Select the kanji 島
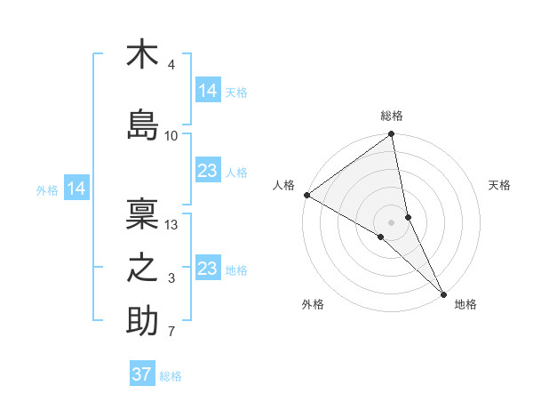[142, 125]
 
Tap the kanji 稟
[142, 213]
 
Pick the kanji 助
[142, 322]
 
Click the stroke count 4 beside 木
[171, 65]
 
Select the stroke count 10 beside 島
[171, 136]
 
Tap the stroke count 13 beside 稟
[171, 225]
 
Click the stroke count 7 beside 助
[171, 333]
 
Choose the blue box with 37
[141, 374]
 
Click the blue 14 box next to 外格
[76, 189]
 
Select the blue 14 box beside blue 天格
[207, 91]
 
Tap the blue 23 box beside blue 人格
[207, 171]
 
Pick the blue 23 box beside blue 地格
[207, 269]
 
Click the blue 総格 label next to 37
[171, 376]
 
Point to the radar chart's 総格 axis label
[392, 116]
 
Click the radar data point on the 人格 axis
[306, 195]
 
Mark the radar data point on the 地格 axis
[444, 293]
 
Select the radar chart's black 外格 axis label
[313, 305]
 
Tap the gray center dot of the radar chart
[392, 221]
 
